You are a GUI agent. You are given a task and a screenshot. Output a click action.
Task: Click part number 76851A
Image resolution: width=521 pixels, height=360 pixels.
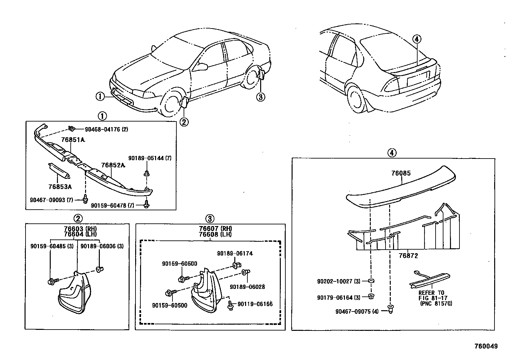tap(73, 140)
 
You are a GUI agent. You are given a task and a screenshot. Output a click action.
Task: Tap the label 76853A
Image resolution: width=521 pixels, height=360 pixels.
tap(60, 187)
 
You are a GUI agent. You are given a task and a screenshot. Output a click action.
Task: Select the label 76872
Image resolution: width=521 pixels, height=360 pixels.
tap(408, 255)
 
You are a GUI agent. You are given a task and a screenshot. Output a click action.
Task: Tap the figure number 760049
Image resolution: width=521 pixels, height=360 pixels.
tap(486, 346)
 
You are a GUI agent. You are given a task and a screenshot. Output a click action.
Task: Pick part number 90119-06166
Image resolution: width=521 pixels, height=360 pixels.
tap(255, 304)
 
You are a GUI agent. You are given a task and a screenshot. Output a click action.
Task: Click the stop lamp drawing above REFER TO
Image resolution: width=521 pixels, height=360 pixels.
tap(428, 281)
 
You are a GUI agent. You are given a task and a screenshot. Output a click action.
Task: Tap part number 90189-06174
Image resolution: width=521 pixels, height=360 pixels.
tap(235, 253)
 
